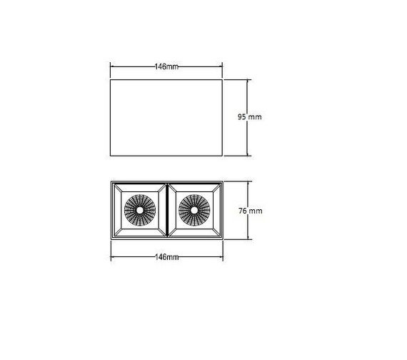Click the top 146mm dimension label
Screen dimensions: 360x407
click(x=166, y=66)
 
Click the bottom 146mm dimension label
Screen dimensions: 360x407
click(x=166, y=256)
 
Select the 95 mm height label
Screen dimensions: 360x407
click(x=250, y=116)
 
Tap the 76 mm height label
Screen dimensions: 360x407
click(x=250, y=211)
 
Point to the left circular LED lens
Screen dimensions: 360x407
click(x=139, y=211)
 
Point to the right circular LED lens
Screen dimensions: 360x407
click(x=194, y=211)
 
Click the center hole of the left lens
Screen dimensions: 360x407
click(x=139, y=211)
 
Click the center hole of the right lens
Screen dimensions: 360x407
click(x=194, y=211)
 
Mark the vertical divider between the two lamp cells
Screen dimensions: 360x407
click(x=166, y=210)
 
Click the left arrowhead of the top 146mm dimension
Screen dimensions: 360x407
click(x=112, y=66)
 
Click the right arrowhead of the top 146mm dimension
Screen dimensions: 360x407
click(x=221, y=66)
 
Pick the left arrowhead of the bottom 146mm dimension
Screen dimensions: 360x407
click(x=112, y=256)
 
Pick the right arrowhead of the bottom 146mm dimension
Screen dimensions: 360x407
click(x=221, y=256)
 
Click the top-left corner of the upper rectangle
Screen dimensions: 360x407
click(x=110, y=79)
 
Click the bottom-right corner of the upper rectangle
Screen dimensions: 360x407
click(x=223, y=156)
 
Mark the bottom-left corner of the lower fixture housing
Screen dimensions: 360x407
click(x=111, y=240)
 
